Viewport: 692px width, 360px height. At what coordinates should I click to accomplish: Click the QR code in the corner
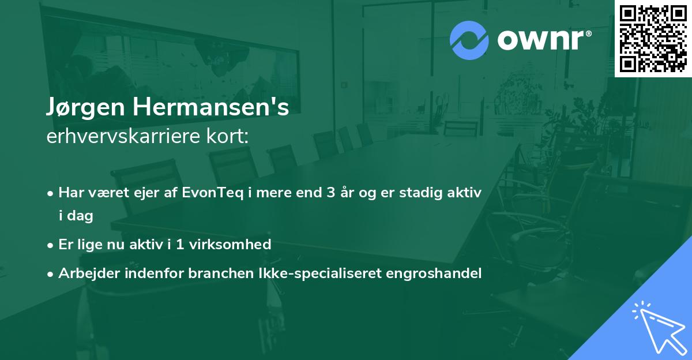pyautogui.click(x=653, y=38)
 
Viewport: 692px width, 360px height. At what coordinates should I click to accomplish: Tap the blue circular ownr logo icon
pyautogui.click(x=469, y=40)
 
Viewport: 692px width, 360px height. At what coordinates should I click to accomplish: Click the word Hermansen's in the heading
pyautogui.click(x=213, y=108)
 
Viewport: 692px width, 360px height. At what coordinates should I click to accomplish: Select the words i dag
pyautogui.click(x=76, y=216)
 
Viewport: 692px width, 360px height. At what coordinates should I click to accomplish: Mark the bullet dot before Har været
pyautogui.click(x=51, y=193)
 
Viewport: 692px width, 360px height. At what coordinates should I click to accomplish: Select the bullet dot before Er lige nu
pyautogui.click(x=51, y=245)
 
